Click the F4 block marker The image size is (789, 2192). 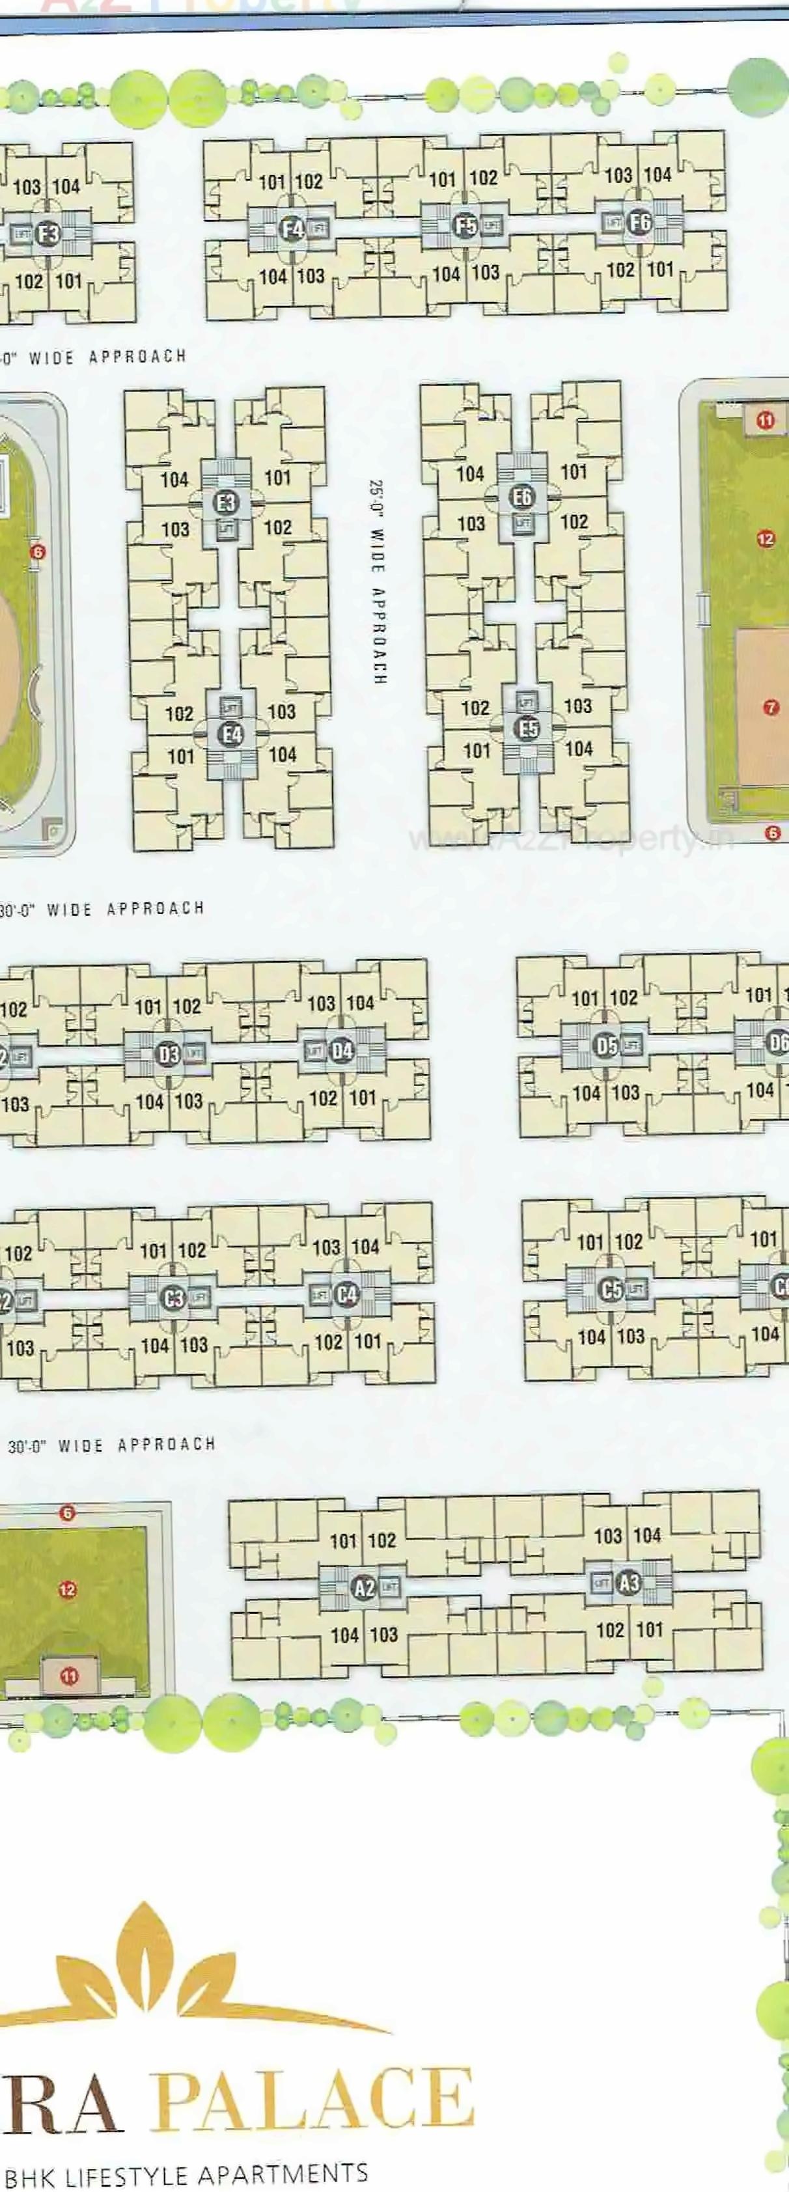tap(292, 228)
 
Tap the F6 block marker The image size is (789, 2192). tap(639, 223)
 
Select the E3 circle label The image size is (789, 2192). tap(225, 502)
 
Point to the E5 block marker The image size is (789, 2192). tap(529, 728)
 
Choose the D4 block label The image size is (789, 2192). tap(342, 1051)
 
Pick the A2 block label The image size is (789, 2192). tap(365, 1588)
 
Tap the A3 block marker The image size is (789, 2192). tap(629, 1583)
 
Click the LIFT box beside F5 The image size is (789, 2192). tap(491, 227)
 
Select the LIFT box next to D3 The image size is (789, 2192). tap(194, 1053)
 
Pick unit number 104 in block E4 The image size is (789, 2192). tap(283, 754)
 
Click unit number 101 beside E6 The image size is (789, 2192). tap(574, 471)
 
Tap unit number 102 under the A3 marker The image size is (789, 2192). tap(609, 1630)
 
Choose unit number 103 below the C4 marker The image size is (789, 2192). tap(194, 1345)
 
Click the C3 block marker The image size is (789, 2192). tap(174, 1299)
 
